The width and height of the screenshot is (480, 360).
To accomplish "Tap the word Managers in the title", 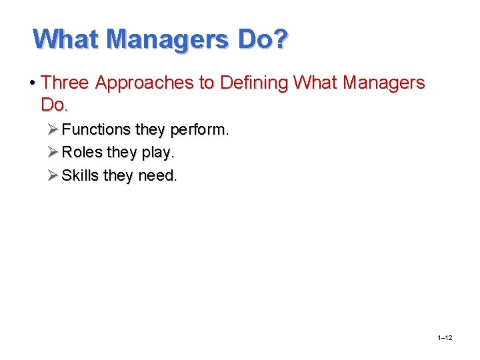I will click(171, 39).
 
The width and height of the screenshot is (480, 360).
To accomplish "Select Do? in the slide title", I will click(263, 39).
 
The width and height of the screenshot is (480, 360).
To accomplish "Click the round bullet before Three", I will click(33, 83).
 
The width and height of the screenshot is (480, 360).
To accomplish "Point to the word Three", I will click(65, 83).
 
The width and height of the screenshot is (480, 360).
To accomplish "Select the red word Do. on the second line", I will click(55, 105).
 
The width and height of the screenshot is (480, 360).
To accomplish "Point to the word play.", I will click(158, 153).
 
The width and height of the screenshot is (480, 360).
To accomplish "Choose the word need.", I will click(158, 176).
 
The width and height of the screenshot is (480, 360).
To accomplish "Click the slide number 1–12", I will click(445, 338).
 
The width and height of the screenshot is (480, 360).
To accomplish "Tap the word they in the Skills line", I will click(119, 175).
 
